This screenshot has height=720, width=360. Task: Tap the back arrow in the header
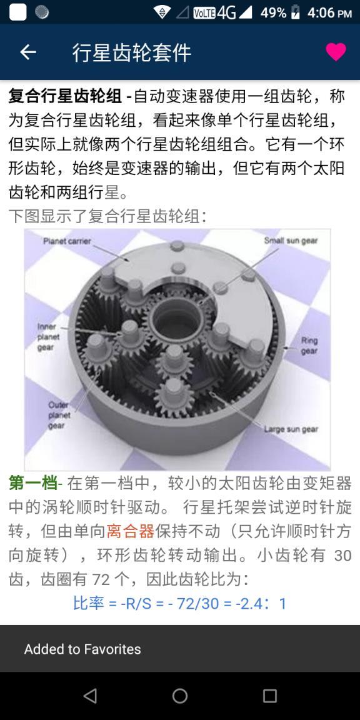pyautogui.click(x=28, y=52)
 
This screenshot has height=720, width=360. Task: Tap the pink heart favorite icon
pyautogui.click(x=336, y=52)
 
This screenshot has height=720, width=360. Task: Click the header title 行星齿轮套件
pyautogui.click(x=132, y=52)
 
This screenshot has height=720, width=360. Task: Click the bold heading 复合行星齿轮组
pyautogui.click(x=65, y=97)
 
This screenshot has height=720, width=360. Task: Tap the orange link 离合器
pyautogui.click(x=130, y=531)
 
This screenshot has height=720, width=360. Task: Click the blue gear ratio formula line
pyautogui.click(x=179, y=604)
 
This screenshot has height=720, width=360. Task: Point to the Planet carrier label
pyautogui.click(x=67, y=241)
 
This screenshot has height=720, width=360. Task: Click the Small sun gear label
pyautogui.click(x=291, y=241)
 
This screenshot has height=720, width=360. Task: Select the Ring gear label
pyautogui.click(x=309, y=346)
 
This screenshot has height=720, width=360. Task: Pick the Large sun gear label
pyautogui.click(x=291, y=429)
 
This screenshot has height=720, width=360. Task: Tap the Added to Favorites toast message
pyautogui.click(x=82, y=649)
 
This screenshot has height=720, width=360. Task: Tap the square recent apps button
pyautogui.click(x=270, y=696)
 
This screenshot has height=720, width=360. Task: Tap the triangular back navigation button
pyautogui.click(x=90, y=696)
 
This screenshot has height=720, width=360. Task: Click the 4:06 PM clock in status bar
pyautogui.click(x=329, y=12)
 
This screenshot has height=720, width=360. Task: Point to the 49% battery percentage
pyautogui.click(x=273, y=12)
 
